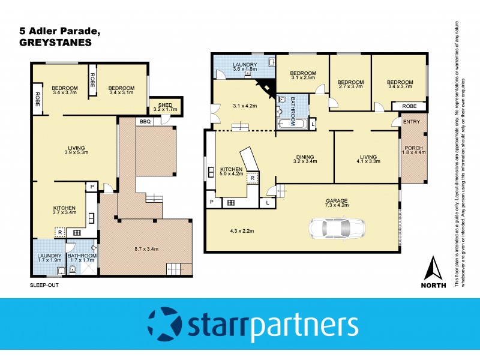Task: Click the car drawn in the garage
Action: [x=337, y=227]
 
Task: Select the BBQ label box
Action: [x=145, y=121]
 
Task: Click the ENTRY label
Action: [x=412, y=122]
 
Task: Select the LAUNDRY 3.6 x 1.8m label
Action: [x=245, y=67]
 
